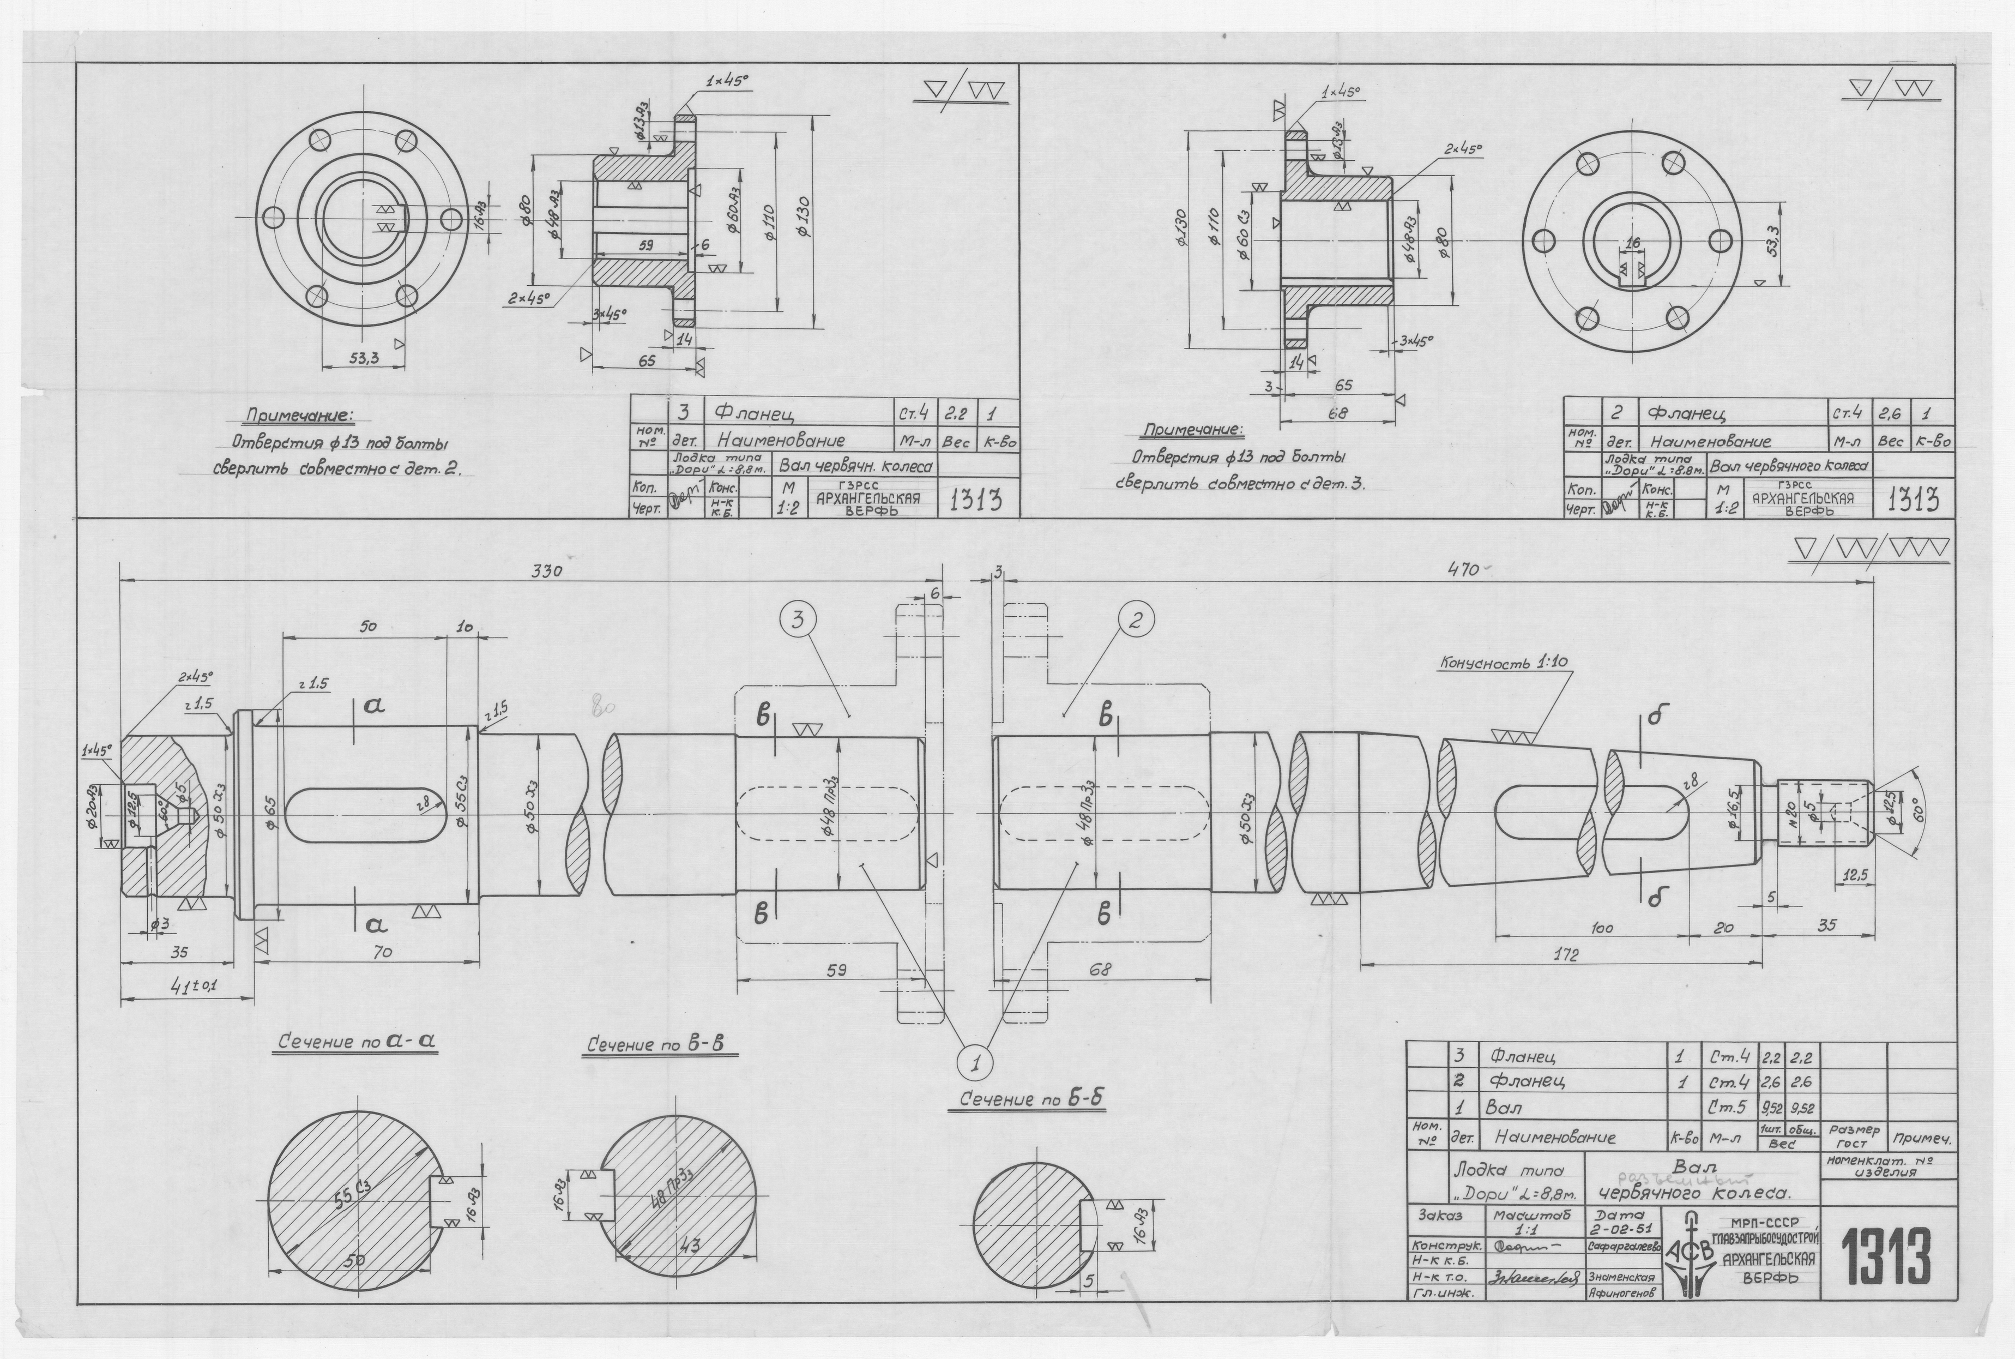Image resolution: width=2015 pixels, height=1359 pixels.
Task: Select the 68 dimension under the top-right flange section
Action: point(1337,414)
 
